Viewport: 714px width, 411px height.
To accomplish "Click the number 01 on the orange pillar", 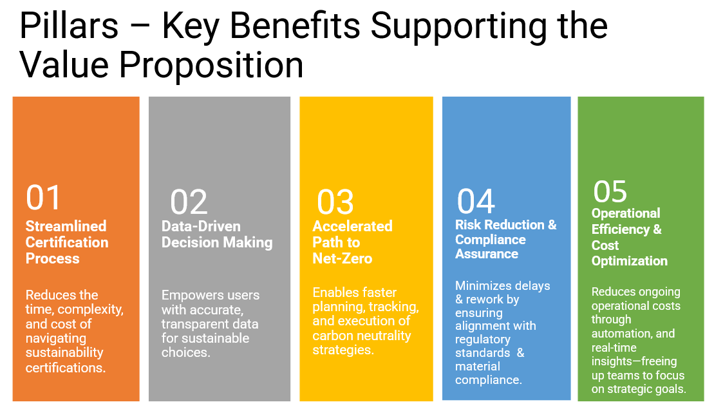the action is pos(43,198).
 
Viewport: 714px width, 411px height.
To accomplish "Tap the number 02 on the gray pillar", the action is pos(189,202).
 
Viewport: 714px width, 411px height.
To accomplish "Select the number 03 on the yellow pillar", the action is pos(335,202).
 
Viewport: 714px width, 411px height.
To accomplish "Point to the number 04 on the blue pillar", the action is pos(476,202).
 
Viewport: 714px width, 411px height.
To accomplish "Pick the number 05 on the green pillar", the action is pos(610,192).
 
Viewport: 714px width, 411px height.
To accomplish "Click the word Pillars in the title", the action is pos(69,26).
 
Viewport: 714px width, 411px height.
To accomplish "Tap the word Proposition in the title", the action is pos(211,64).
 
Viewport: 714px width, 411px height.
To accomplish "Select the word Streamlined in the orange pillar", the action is pos(66,226).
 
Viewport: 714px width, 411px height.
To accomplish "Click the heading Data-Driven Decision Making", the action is pos(217,234).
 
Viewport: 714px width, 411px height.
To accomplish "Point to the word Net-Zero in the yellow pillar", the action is pos(343,259).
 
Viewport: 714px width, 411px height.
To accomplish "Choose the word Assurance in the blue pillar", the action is pos(487,254).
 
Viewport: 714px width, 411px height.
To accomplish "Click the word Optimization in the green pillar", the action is pos(629,261).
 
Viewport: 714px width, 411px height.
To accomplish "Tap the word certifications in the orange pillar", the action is pos(66,368).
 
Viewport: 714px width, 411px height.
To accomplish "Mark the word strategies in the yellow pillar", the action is pos(343,350).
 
